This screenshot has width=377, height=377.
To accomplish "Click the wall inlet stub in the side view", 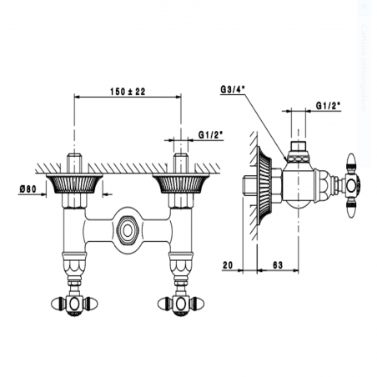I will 248,185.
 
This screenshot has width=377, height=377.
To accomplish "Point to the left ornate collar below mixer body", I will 73,265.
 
